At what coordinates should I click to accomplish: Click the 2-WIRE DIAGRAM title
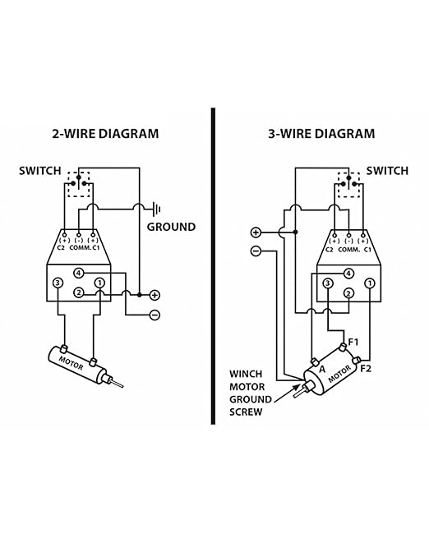(105, 134)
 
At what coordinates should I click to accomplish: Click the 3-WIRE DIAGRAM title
(321, 134)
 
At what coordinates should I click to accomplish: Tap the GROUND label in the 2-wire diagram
(171, 228)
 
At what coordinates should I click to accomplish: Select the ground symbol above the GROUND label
(157, 209)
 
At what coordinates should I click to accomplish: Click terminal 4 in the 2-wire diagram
(79, 274)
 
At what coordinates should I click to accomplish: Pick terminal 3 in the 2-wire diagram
(58, 283)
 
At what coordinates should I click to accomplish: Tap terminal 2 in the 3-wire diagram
(348, 293)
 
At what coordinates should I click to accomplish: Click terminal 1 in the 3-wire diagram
(370, 283)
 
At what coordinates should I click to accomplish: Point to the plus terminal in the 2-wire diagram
(155, 295)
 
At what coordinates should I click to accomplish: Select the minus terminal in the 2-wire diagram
(155, 315)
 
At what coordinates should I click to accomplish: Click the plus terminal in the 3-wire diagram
(256, 232)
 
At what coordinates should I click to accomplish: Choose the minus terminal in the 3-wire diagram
(256, 251)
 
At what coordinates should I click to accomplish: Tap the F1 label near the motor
(353, 342)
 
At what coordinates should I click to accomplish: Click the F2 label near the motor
(366, 369)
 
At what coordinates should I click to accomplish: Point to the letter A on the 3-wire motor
(322, 369)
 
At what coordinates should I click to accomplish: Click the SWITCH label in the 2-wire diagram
(39, 171)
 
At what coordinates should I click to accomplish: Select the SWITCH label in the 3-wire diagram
(387, 171)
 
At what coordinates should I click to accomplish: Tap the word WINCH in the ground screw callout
(246, 374)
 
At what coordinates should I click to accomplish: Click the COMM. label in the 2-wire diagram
(81, 247)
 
